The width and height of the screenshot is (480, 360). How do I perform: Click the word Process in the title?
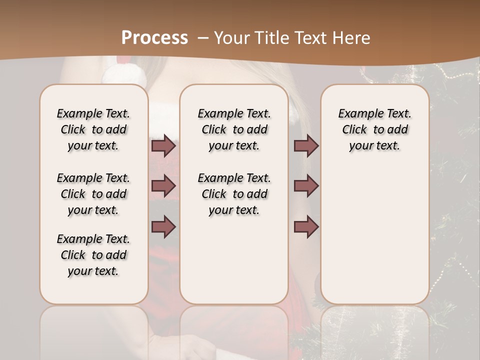pos(154,37)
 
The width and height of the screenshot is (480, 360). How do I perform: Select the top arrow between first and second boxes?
pos(163,145)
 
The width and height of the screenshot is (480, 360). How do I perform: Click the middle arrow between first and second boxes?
pos(163,186)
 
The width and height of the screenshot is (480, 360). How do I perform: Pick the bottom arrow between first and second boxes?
pos(163,227)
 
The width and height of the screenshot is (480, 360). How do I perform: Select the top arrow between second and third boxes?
pos(306,145)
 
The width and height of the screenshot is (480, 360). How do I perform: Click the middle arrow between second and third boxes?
pos(306,186)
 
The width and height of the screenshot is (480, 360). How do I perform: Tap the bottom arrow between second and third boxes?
pos(306,227)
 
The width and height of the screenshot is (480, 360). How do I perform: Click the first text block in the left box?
pos(93,129)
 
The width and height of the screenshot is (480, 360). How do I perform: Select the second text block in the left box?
pos(93,194)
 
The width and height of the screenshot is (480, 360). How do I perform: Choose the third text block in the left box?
pos(93,255)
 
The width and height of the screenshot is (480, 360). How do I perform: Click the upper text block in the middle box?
pos(234,129)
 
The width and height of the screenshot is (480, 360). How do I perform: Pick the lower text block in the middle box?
pos(234,194)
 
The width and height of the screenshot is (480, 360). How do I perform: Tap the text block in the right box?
pos(374,129)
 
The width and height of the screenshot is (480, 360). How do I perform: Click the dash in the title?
pos(203,37)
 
